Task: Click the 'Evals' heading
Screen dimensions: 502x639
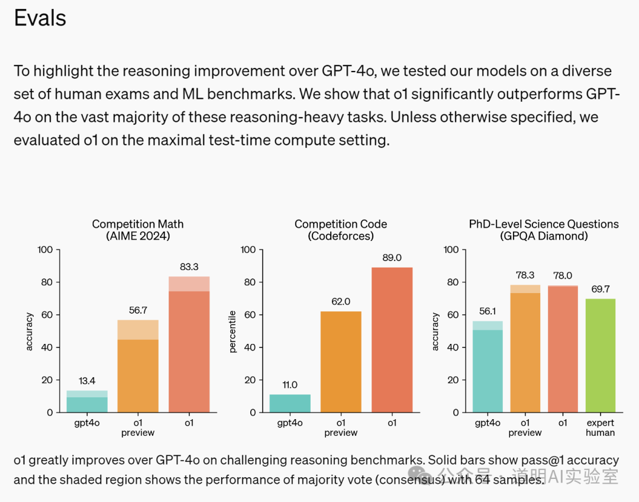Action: tap(40, 18)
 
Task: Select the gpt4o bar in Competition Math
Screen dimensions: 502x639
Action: tap(87, 403)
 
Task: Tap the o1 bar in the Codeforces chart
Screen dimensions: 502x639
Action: tap(392, 340)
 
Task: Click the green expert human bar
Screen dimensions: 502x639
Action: tap(600, 356)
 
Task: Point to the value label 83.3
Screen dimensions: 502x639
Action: tap(189, 267)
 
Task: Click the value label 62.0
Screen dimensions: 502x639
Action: tap(340, 301)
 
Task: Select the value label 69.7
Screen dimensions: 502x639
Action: tap(600, 289)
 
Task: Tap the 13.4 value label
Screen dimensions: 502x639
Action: tap(87, 381)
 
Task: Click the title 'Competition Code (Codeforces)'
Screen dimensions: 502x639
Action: tap(341, 230)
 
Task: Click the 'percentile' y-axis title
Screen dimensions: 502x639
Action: tap(233, 332)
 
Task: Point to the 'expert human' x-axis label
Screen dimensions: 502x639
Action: tap(600, 427)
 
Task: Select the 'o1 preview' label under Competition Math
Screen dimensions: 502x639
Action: tap(138, 427)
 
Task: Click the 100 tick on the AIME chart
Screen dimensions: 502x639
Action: tap(45, 250)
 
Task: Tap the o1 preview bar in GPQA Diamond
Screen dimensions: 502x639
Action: tap(525, 349)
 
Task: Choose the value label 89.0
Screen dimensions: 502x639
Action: tap(392, 258)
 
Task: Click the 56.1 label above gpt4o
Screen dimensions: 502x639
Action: tap(488, 311)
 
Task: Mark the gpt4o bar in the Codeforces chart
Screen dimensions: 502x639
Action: tap(290, 403)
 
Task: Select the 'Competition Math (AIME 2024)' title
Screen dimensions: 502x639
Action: tap(138, 230)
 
